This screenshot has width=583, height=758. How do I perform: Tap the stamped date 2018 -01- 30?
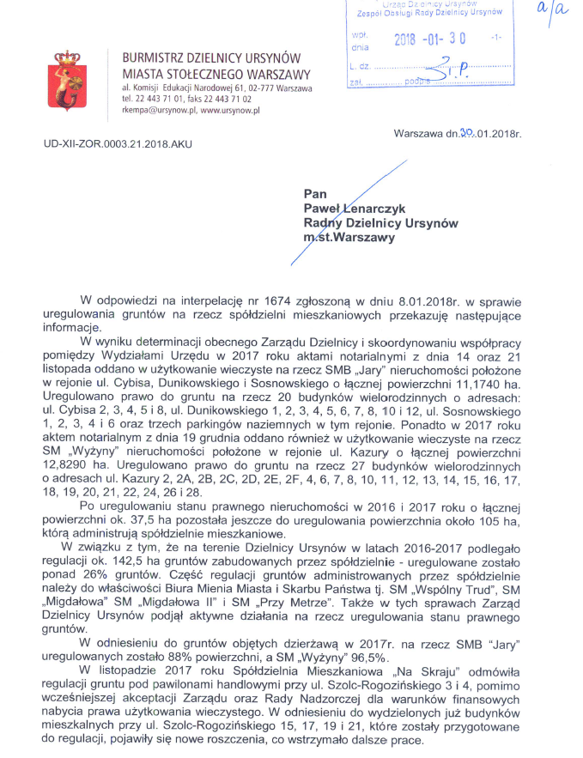428,39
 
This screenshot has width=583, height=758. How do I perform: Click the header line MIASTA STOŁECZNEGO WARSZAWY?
216,74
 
